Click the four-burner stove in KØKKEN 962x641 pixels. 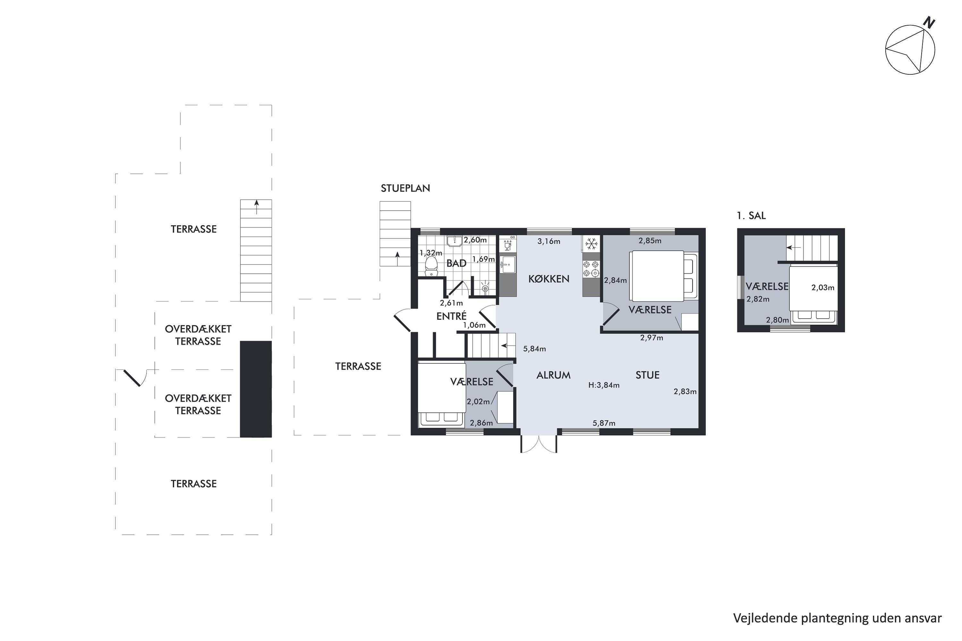pos(591,269)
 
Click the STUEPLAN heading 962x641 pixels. pos(405,188)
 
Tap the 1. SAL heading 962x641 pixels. pos(751,215)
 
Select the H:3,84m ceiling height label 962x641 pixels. pos(604,385)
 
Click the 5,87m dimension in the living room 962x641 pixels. pos(604,423)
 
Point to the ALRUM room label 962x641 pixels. pos(553,375)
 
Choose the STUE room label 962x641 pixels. pos(647,375)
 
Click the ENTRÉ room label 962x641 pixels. pos(451,316)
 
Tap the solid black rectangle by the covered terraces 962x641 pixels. pos(256,389)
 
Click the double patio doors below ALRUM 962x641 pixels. pos(538,443)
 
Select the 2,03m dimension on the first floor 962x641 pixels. pos(823,288)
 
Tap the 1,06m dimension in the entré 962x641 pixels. pos(475,325)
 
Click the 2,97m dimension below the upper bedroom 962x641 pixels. pos(652,338)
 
